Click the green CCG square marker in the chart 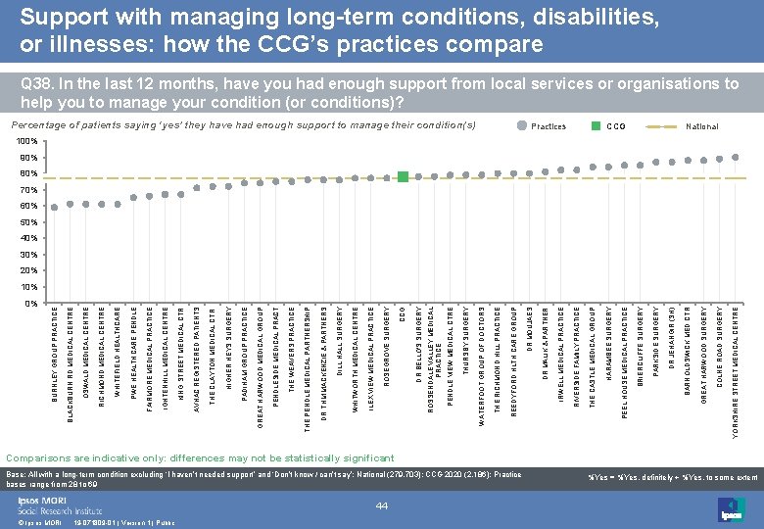pyautogui.click(x=404, y=176)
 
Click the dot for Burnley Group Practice pyautogui.click(x=55, y=207)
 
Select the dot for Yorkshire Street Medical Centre pyautogui.click(x=735, y=157)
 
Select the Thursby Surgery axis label pyautogui.click(x=466, y=343)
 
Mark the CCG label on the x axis pyautogui.click(x=404, y=313)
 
